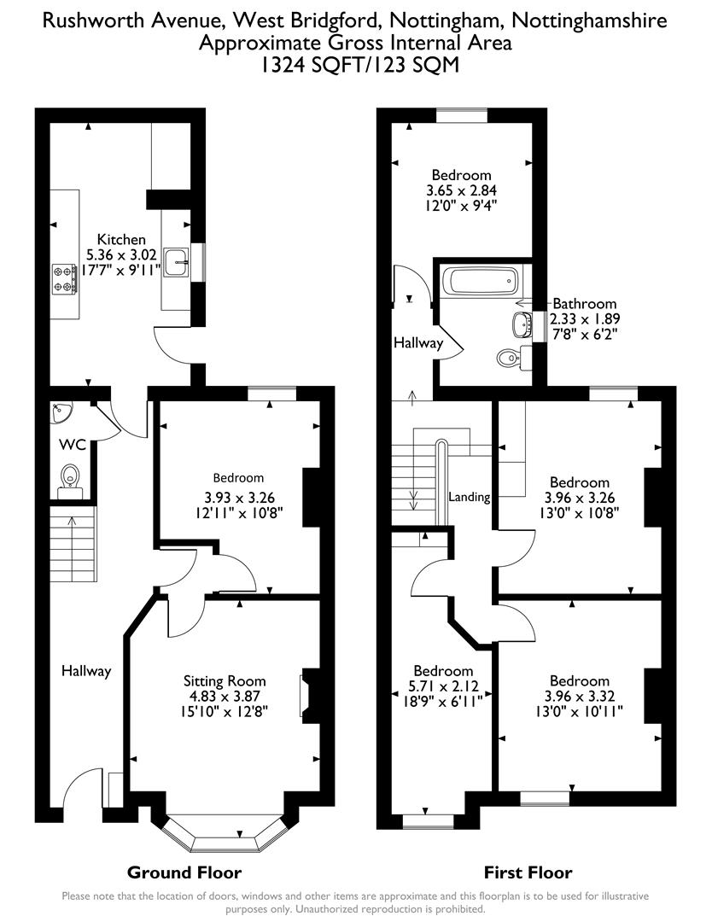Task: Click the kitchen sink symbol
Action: (176, 262)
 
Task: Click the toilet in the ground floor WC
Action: (69, 478)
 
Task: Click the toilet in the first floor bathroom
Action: (509, 357)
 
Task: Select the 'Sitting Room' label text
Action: (225, 680)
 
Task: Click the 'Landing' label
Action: (469, 497)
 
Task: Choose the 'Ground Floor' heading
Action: (184, 872)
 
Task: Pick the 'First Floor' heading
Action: (528, 872)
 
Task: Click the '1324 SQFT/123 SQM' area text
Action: (355, 65)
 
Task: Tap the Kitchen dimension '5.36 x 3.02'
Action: (121, 254)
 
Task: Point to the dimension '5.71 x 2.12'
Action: (443, 686)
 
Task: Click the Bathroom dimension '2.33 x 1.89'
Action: (584, 318)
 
